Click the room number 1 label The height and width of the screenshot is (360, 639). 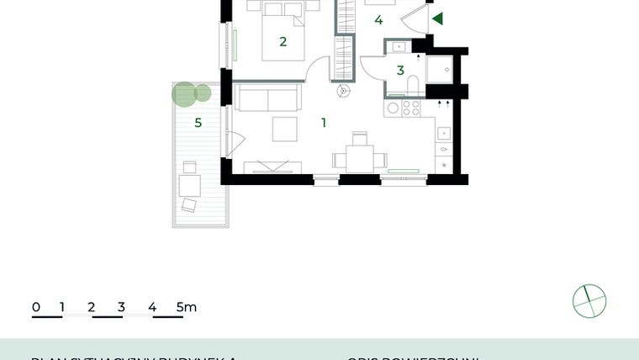pos(324,123)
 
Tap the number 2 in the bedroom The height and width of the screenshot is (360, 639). pos(283,41)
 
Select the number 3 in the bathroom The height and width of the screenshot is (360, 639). pos(400,71)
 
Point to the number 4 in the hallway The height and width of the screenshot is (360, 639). pos(379,20)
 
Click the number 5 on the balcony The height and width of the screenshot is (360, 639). pos(198,123)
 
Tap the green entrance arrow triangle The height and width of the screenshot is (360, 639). pos(436,19)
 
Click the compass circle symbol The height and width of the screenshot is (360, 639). pos(589,301)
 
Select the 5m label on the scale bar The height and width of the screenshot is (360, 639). pos(187,307)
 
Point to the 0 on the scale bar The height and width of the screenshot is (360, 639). pos(36,307)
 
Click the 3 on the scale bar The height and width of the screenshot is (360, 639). pos(121,307)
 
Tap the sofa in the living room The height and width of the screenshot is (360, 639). pos(267,98)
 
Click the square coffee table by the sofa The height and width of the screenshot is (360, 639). pos(284,129)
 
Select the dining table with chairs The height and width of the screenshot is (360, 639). pos(360,157)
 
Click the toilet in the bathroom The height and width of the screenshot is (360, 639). pos(415,84)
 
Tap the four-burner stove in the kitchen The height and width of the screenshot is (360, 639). pos(411,108)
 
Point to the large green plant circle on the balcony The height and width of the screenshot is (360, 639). pos(184,93)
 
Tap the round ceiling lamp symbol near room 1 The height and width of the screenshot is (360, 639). pos(342,91)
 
